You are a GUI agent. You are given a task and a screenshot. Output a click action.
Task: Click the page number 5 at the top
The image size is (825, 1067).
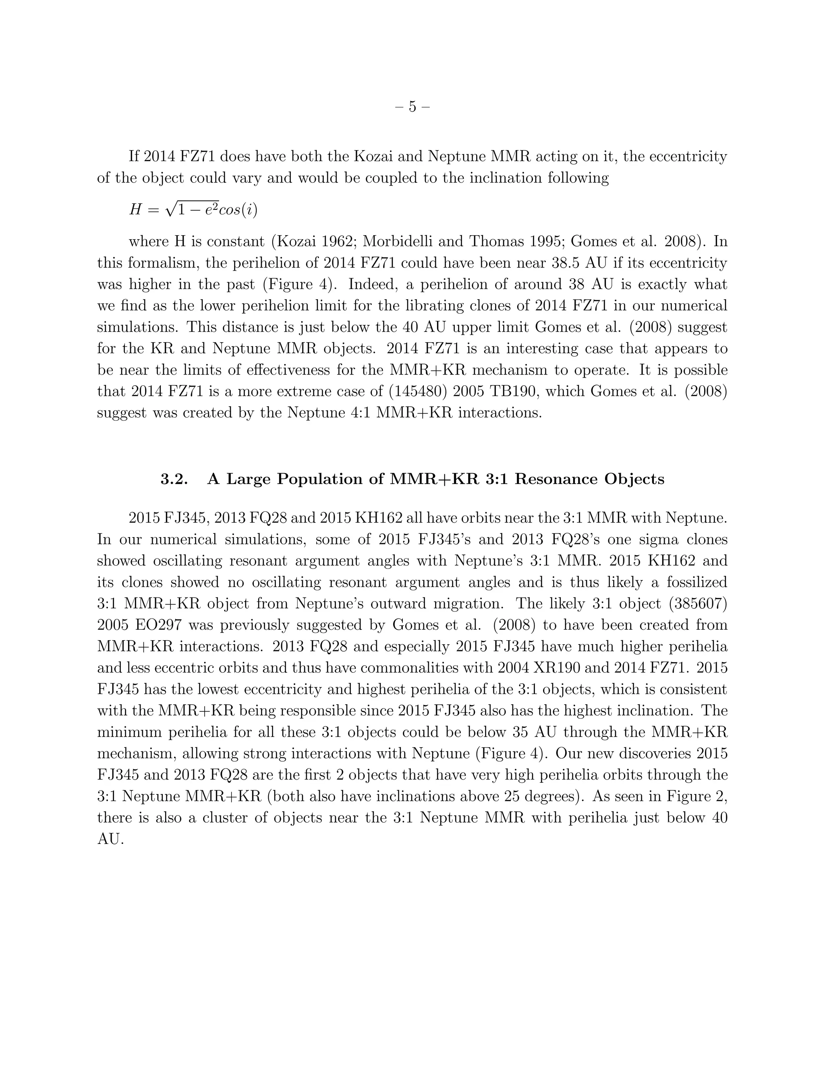[412, 107]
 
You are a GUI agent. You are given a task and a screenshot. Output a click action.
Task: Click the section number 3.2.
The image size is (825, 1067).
[174, 479]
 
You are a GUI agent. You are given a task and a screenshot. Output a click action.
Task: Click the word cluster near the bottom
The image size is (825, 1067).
[220, 818]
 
